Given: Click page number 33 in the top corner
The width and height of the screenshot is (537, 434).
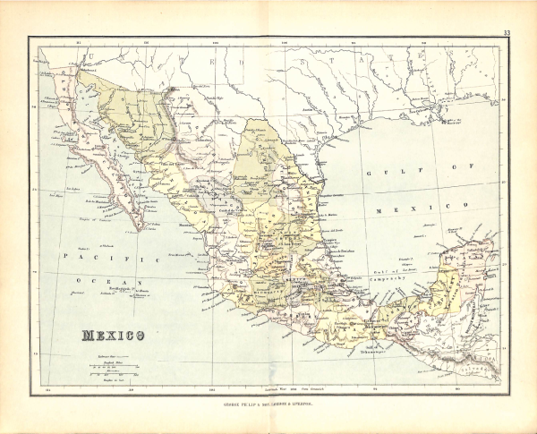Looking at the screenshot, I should tap(507, 33).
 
